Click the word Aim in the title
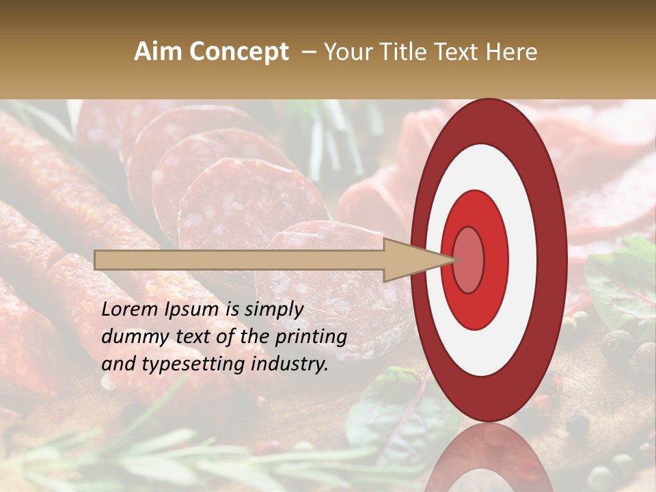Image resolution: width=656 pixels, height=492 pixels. point(158,52)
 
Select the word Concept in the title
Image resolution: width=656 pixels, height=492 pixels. point(238,52)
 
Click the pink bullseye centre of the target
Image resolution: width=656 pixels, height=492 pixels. point(468,260)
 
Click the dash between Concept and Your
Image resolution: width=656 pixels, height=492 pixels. point(308,52)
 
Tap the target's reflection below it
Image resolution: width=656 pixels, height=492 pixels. point(489,458)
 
